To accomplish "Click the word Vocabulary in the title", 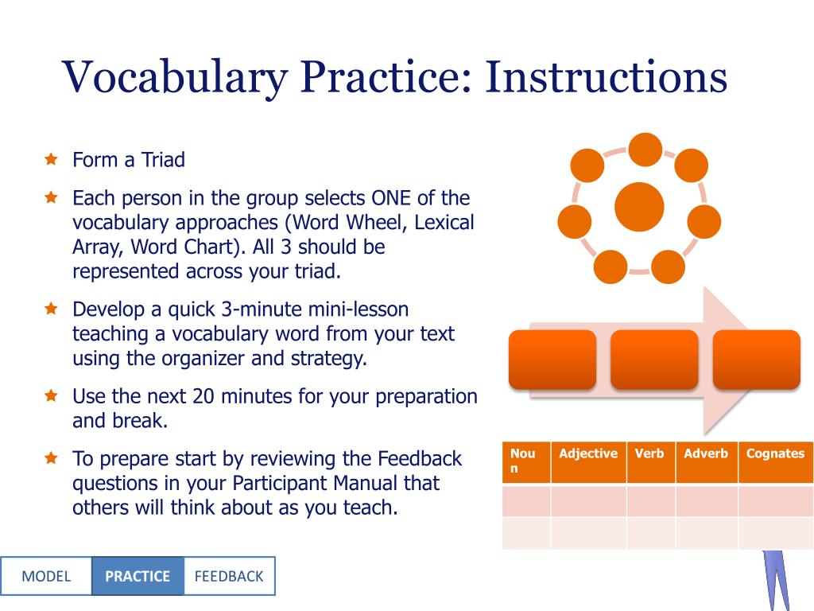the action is pyautogui.click(x=175, y=77).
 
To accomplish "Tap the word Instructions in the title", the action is pyautogui.click(x=606, y=76).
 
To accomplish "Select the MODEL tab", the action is pyautogui.click(x=46, y=576).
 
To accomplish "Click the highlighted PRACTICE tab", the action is pyautogui.click(x=138, y=576).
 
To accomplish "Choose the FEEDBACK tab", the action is pyautogui.click(x=229, y=576).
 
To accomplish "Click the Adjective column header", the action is pyautogui.click(x=588, y=453).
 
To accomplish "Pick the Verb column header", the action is pyautogui.click(x=649, y=453).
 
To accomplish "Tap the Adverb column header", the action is pyautogui.click(x=706, y=453).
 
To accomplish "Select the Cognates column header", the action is pyautogui.click(x=776, y=453).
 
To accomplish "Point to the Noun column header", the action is pyautogui.click(x=523, y=461).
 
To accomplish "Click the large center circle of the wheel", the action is pyautogui.click(x=639, y=206).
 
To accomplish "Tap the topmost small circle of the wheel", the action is pyautogui.click(x=645, y=150).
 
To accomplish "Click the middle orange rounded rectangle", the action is pyautogui.click(x=654, y=360).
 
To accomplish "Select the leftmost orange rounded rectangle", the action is pyautogui.click(x=552, y=360).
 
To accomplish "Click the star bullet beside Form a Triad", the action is pyautogui.click(x=51, y=158).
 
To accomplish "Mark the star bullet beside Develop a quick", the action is pyautogui.click(x=51, y=308).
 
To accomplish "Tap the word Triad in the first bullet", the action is pyautogui.click(x=163, y=159).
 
